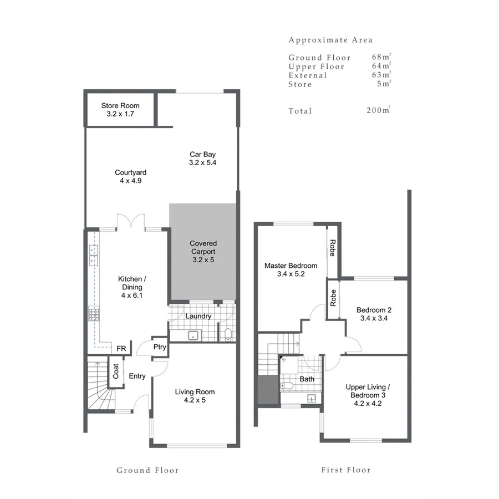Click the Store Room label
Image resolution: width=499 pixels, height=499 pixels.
click(x=120, y=109)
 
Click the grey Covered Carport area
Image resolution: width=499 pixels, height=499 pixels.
click(x=203, y=252)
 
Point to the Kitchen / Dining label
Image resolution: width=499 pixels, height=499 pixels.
click(x=132, y=287)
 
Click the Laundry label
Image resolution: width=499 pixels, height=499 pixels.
click(x=198, y=316)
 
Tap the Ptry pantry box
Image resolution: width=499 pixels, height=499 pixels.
click(x=160, y=347)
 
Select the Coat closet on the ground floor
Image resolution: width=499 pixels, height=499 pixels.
click(x=116, y=371)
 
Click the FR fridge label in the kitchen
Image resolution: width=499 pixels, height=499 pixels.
click(x=121, y=349)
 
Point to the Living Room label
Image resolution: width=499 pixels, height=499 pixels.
click(x=195, y=396)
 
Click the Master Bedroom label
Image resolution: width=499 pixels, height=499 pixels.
click(x=291, y=269)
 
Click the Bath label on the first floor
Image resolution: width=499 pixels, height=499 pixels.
click(x=307, y=379)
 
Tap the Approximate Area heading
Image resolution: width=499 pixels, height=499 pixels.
click(x=330, y=40)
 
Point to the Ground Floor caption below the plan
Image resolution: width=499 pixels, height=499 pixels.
click(x=147, y=470)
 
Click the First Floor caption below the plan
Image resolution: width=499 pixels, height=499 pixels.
click(x=346, y=470)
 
